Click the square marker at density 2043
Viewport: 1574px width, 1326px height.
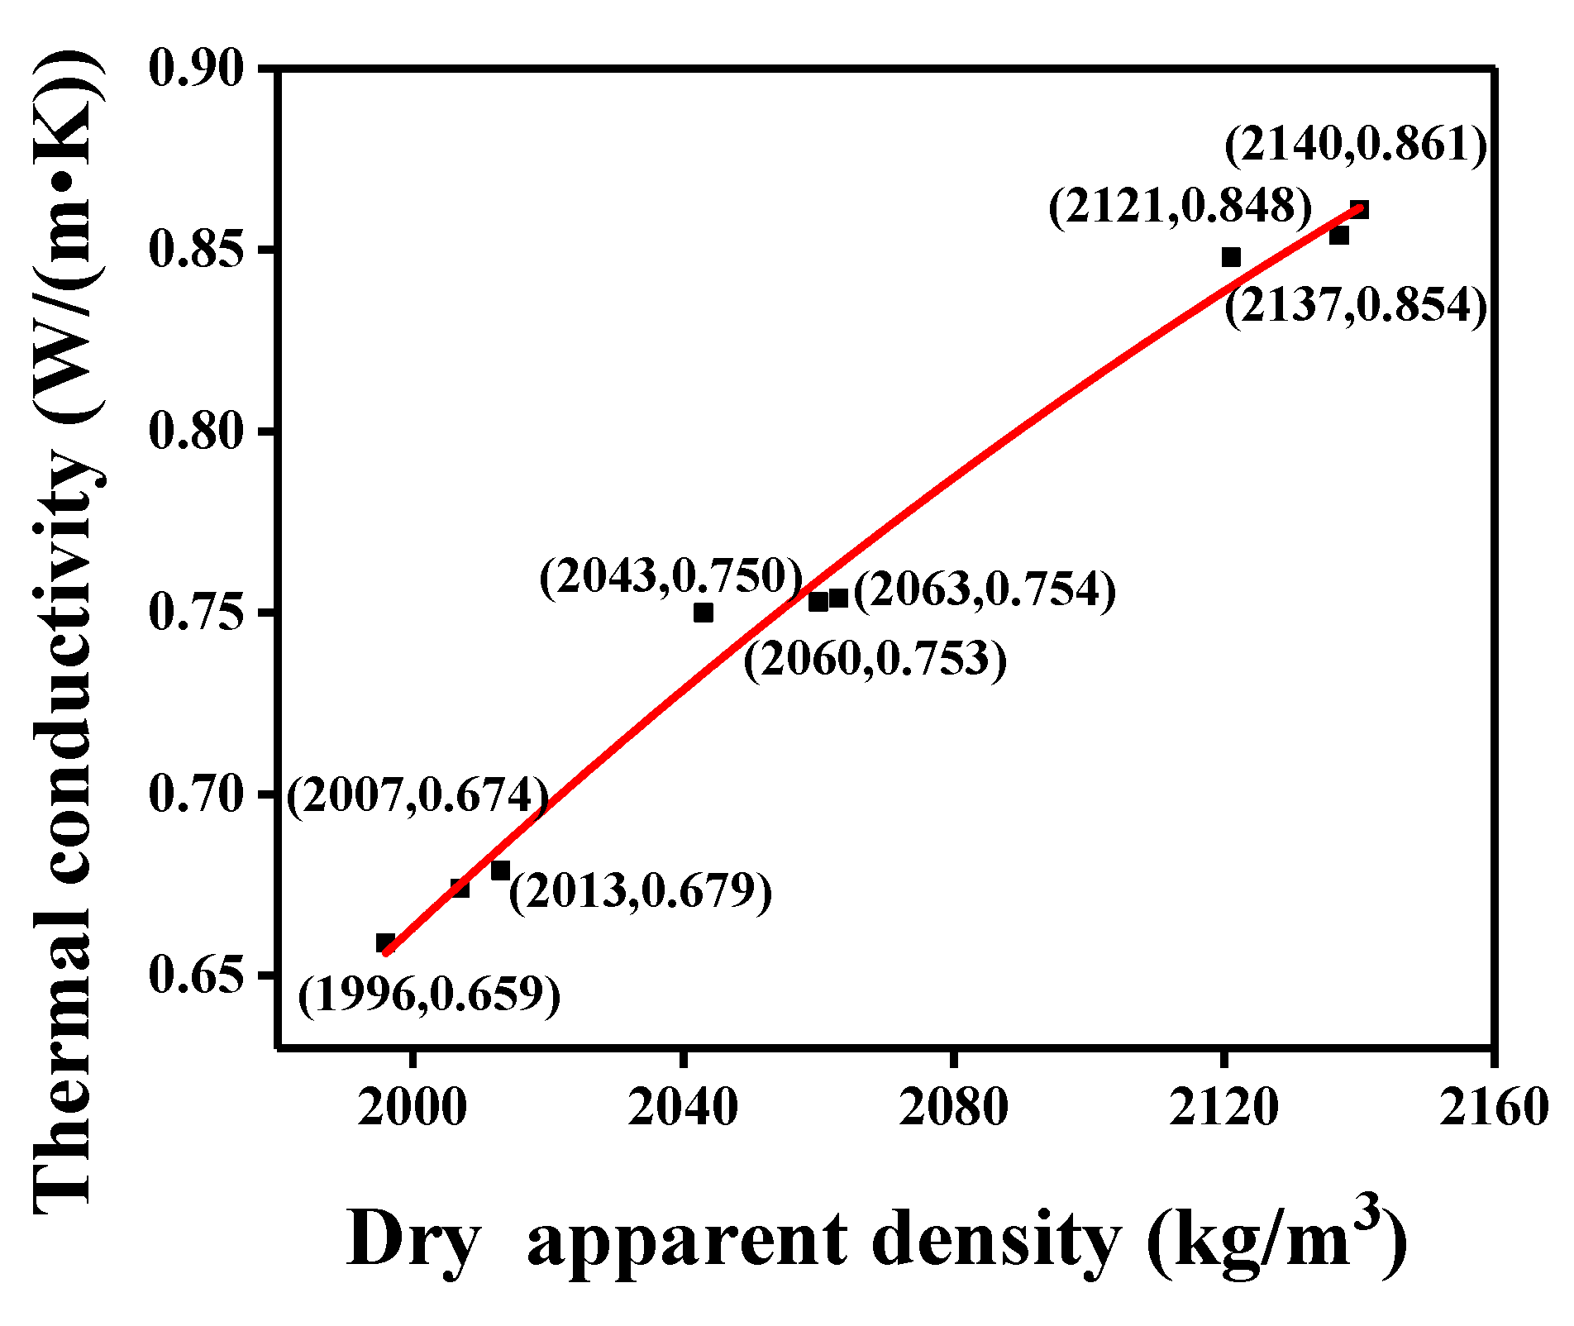point(704,613)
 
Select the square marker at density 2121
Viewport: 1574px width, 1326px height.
point(1231,257)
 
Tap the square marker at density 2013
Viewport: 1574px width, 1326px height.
point(500,870)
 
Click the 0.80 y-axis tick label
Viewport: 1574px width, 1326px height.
point(198,432)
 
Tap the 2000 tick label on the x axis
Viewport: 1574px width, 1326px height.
point(412,1108)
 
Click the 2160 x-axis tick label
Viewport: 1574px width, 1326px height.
point(1493,1108)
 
